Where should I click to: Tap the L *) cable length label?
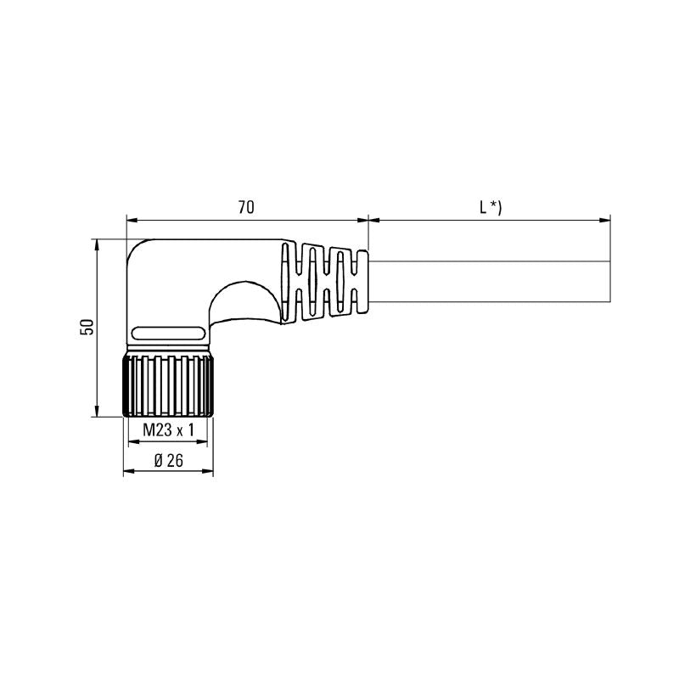490,206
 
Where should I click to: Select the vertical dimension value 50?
86,327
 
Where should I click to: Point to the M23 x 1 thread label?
168,430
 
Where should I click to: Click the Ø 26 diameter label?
169,460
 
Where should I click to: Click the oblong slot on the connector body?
170,332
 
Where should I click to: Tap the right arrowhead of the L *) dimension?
606,221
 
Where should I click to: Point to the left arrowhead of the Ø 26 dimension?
128,473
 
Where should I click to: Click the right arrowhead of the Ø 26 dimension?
208,473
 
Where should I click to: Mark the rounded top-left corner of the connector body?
138,250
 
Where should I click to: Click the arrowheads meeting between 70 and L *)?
368,221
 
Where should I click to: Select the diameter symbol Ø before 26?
158,460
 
